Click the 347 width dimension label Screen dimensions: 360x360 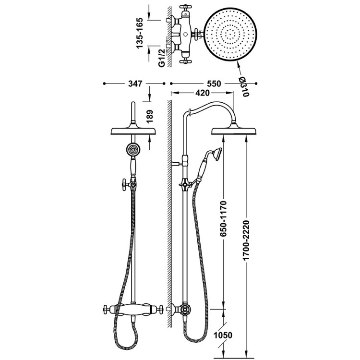click(x=135, y=84)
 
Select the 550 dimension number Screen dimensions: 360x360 click(x=214, y=84)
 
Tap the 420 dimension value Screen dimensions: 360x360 click(x=203, y=93)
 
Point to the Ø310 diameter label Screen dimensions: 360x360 click(x=243, y=86)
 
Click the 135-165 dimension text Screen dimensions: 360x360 click(x=140, y=33)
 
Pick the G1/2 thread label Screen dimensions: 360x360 click(x=162, y=58)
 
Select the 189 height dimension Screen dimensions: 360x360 click(x=149, y=117)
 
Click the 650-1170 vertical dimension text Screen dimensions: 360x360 click(x=223, y=218)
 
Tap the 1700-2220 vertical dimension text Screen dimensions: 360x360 click(x=246, y=240)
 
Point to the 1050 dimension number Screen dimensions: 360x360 click(x=223, y=335)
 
